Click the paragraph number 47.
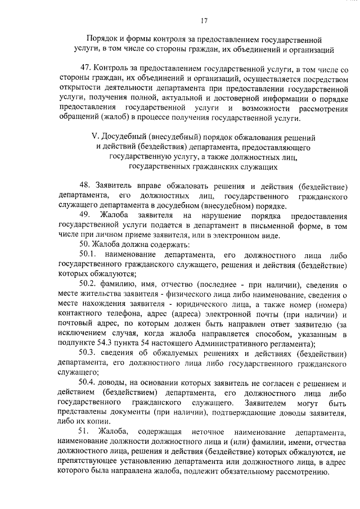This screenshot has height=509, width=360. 85,67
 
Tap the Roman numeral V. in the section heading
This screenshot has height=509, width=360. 95,137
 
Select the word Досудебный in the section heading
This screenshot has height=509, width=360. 125,137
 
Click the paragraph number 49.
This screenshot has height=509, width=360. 85,216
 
